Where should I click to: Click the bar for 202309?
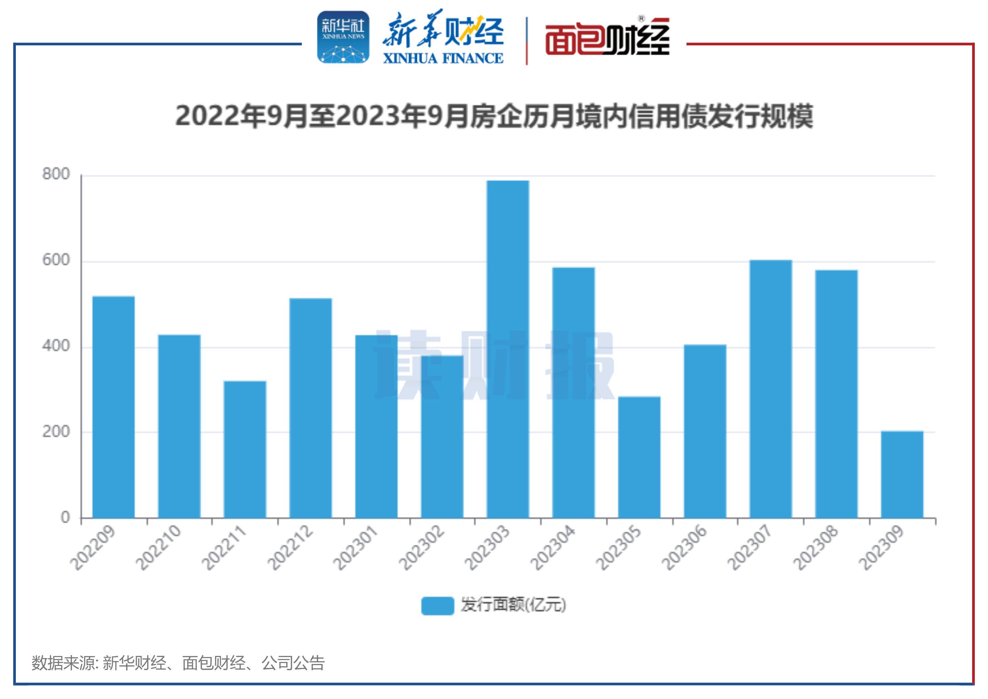pyautogui.click(x=901, y=474)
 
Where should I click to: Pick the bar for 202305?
pyautogui.click(x=639, y=457)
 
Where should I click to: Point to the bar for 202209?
pyautogui.click(x=114, y=407)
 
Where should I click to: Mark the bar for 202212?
pyautogui.click(x=310, y=408)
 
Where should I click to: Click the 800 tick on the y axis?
pyautogui.click(x=56, y=174)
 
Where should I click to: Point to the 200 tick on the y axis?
pyautogui.click(x=56, y=432)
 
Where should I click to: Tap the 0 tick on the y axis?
pyautogui.click(x=65, y=517)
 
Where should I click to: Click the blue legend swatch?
pyautogui.click(x=437, y=606)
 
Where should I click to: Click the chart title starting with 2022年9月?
pyautogui.click(x=494, y=116)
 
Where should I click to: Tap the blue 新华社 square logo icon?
pyautogui.click(x=343, y=37)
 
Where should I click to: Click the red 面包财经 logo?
pyautogui.click(x=607, y=38)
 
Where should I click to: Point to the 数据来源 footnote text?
pyautogui.click(x=178, y=663)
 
